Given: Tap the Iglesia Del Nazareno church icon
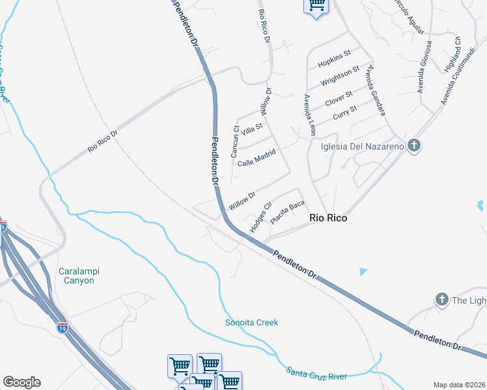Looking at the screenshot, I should [413, 146].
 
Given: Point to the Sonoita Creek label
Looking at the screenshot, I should [251, 322].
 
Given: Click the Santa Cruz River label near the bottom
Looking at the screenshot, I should [316, 373].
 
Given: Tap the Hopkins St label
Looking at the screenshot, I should [334, 58].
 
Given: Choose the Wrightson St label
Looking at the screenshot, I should [340, 77].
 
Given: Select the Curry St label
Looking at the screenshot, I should [344, 112].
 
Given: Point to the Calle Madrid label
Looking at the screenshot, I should [257, 158].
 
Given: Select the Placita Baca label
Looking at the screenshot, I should [287, 213].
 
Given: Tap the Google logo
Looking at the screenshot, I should [21, 382].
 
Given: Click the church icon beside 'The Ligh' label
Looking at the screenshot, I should [441, 300].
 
